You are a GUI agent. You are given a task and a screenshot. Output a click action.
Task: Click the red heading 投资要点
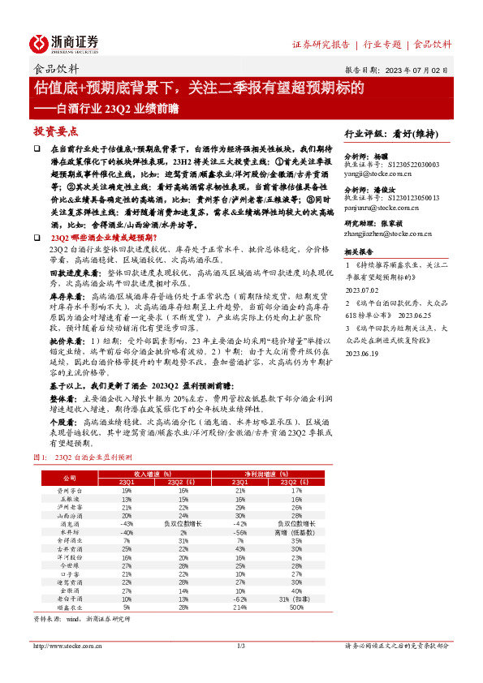tap(55, 131)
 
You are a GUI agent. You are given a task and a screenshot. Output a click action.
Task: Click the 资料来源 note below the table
tap(77, 618)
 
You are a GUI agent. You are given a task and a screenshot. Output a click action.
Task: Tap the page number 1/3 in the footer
tap(241, 646)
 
